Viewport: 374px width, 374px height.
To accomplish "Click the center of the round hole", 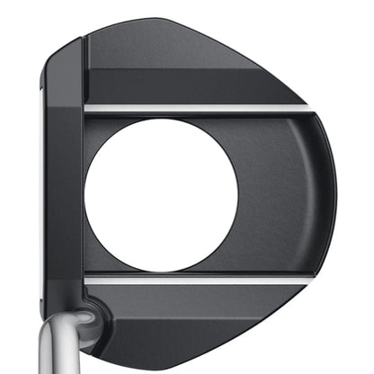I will tap(161, 194).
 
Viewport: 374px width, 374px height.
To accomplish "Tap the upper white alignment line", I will tap(198, 109).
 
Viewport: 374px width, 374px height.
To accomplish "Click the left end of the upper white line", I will tap(87, 109).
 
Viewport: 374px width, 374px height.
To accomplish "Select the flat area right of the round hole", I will tap(279, 194).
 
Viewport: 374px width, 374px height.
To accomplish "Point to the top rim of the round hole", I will tap(161, 118).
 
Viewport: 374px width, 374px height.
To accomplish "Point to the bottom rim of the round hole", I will tap(161, 271).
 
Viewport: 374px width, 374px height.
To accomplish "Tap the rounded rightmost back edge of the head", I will tap(334, 194).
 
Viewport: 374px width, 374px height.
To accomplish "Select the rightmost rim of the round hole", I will tap(237, 194).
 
